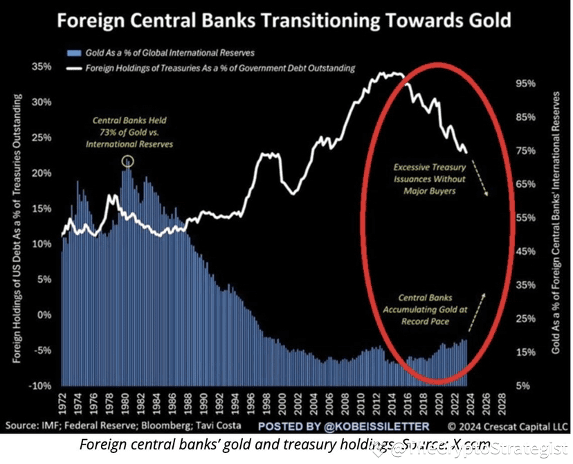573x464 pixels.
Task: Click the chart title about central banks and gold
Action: click(x=283, y=19)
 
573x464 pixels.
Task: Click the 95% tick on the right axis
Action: click(x=528, y=84)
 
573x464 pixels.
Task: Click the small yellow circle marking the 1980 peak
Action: click(x=127, y=161)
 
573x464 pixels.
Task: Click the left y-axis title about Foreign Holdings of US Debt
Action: click(x=17, y=229)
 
